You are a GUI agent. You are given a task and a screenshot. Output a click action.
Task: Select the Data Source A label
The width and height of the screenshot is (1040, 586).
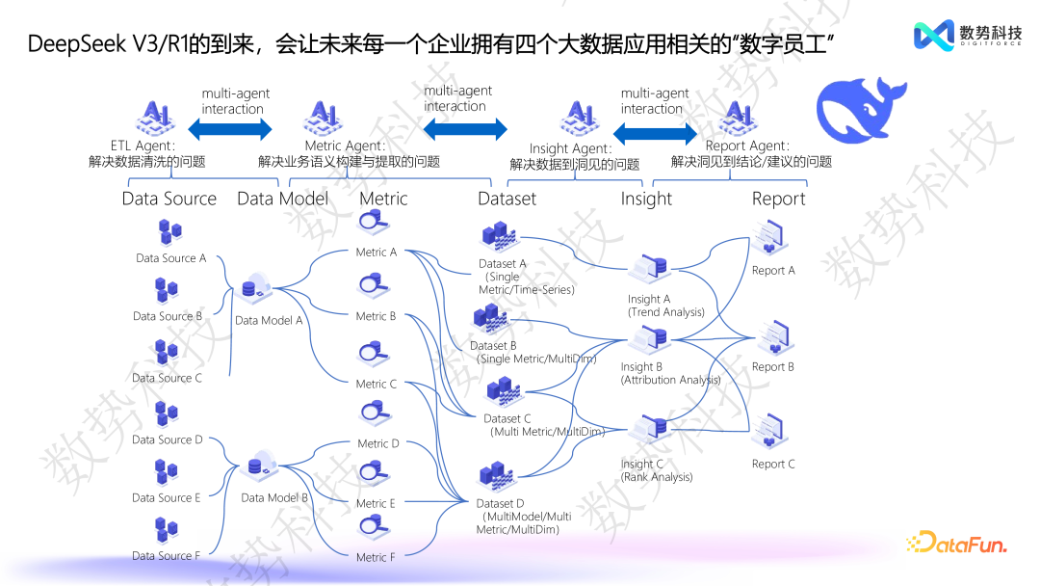[x=170, y=258]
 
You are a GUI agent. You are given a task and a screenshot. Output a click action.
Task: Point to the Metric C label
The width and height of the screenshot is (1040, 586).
[x=376, y=384]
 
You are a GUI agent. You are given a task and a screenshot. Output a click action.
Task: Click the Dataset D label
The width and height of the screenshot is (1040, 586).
[x=500, y=503]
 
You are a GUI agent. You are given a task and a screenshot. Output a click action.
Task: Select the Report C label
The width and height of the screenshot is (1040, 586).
[x=773, y=464]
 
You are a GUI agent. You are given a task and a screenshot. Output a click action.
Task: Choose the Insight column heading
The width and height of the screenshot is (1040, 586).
[x=645, y=199]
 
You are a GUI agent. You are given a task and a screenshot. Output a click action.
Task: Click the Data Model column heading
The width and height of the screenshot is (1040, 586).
[x=282, y=199]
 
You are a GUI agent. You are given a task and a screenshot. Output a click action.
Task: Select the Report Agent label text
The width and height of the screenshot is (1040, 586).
[x=746, y=146]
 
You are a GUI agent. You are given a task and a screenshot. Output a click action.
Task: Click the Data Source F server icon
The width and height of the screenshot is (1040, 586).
[x=167, y=529]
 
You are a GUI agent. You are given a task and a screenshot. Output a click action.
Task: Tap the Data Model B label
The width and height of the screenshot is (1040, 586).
[x=273, y=498]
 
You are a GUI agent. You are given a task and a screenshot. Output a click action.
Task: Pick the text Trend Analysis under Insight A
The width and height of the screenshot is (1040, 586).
[x=666, y=312]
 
